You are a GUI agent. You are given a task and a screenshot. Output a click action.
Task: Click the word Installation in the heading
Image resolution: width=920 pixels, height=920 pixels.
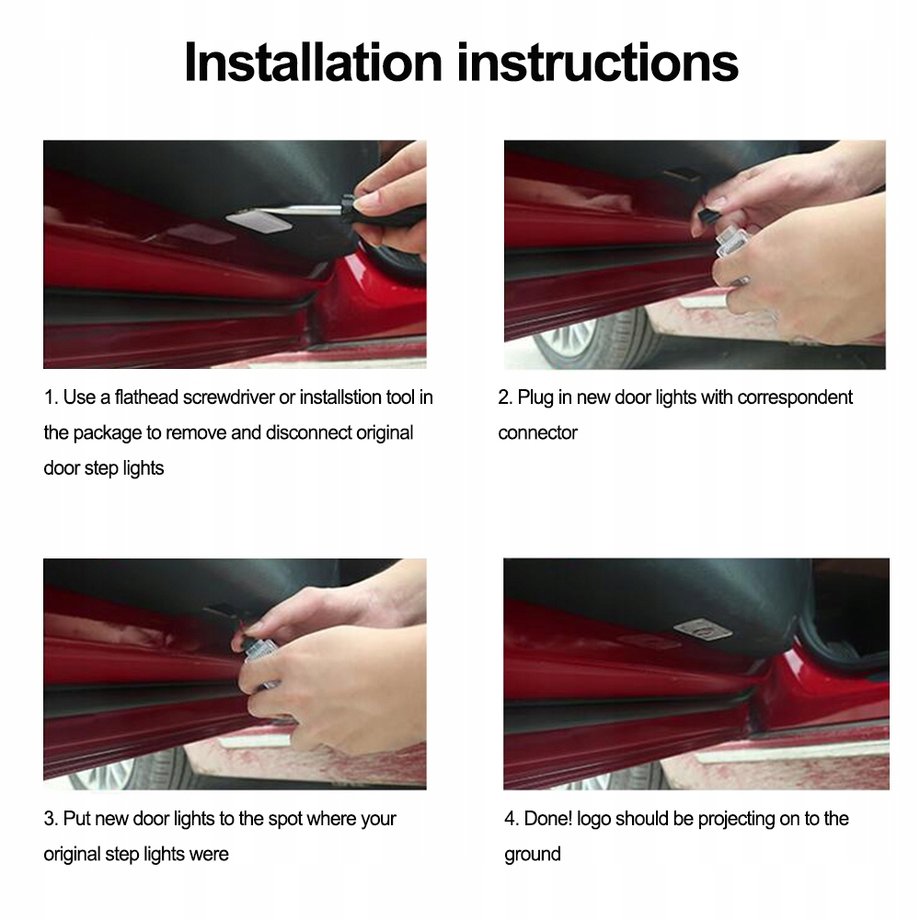[313, 63]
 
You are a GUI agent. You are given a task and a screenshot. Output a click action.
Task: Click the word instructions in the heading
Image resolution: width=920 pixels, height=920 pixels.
[597, 63]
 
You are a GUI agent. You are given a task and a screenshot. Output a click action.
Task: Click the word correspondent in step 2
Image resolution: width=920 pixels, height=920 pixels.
[795, 397]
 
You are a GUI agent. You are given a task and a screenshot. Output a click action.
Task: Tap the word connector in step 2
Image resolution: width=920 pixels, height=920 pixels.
[537, 433]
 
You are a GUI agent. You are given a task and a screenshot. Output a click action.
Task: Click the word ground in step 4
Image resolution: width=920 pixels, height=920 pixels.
[532, 855]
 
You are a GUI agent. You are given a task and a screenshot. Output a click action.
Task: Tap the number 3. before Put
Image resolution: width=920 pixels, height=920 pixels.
[51, 819]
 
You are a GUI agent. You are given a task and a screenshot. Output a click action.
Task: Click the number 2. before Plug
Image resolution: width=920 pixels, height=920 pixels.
[505, 397]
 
